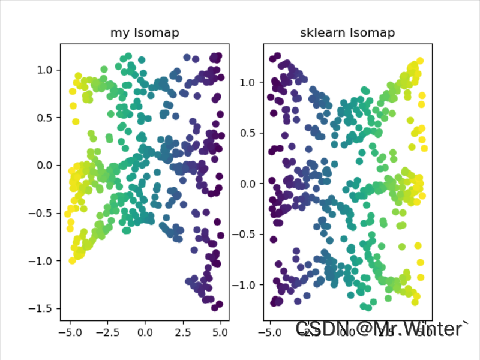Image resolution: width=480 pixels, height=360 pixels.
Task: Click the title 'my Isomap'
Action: pos(145,33)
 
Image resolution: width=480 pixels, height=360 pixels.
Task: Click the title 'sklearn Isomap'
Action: pos(347,33)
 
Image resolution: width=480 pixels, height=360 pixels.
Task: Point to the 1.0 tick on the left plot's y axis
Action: pos(44,70)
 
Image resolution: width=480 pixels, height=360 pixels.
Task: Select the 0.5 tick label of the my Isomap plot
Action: pos(44,118)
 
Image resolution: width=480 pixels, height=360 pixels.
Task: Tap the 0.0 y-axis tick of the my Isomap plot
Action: pos(44,165)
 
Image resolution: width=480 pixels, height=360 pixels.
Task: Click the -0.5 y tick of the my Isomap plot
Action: pos(41,213)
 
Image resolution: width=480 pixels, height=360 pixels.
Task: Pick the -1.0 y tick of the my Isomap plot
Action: pos(41,260)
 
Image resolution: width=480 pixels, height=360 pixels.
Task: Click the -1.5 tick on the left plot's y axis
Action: pos(41,308)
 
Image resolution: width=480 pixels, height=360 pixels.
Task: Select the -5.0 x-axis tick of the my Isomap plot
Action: pos(70,331)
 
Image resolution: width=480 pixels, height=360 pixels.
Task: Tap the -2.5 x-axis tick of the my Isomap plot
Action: pos(107,331)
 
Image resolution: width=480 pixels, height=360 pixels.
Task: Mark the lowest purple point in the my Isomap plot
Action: pos(215,308)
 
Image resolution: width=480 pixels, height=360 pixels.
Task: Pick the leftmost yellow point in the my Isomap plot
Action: pos(68,214)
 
